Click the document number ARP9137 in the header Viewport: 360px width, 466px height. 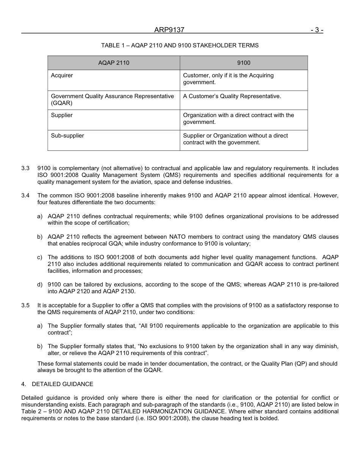tap(169, 30)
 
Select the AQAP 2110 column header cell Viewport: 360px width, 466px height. tap(114, 63)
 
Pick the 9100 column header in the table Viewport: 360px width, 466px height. tap(244, 63)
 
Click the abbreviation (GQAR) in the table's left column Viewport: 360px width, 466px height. tap(61, 103)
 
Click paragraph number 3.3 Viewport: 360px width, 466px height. tap(25, 168)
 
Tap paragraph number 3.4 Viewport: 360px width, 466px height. tap(25, 195)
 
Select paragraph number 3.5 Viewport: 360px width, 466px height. tap(25, 305)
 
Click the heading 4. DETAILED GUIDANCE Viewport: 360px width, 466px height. tap(57, 384)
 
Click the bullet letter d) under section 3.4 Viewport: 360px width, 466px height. tap(40, 285)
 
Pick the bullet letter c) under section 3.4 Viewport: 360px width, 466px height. tap(40, 257)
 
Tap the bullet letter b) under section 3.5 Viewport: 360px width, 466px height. tap(40, 346)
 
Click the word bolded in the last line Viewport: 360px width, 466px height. tap(269, 418)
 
